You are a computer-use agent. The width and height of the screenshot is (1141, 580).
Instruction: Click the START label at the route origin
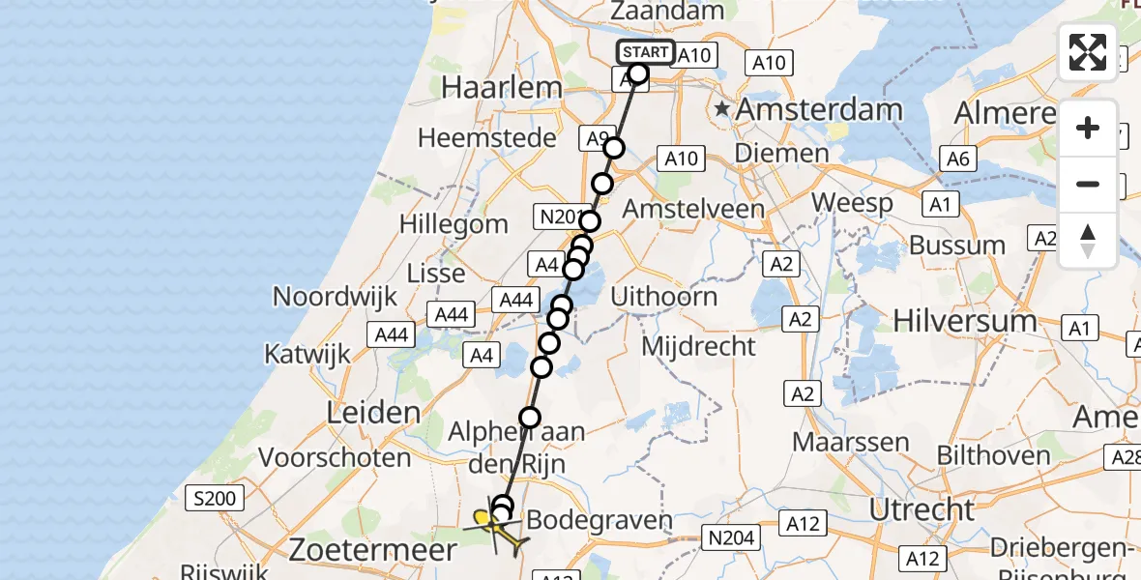(644, 52)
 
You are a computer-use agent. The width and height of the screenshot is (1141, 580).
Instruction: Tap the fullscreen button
(1088, 52)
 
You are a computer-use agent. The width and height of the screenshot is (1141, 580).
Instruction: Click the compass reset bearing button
(1088, 241)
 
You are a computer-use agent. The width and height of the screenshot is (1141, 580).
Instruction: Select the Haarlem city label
(502, 88)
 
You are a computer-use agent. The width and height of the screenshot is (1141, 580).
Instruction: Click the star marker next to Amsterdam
(722, 110)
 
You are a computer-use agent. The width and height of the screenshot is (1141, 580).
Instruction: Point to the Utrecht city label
(921, 509)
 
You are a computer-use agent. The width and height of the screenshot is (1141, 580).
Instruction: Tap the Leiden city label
(373, 414)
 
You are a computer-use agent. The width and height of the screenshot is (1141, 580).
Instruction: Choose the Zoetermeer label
(372, 551)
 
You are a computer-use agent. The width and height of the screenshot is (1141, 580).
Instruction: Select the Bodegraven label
(600, 521)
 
